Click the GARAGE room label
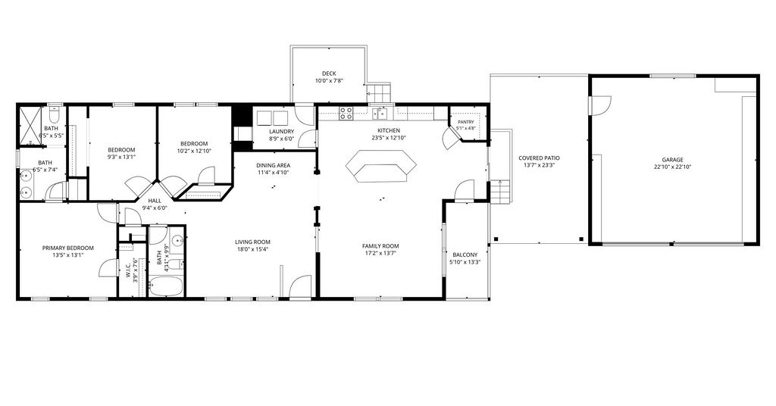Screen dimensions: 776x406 [x=673, y=160]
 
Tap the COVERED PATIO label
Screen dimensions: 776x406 [x=539, y=158]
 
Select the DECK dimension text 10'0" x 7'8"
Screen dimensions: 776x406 [x=329, y=80]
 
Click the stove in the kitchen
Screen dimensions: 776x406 [x=346, y=114]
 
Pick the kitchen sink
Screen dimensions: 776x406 [x=380, y=114]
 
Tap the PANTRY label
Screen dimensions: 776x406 [x=466, y=122]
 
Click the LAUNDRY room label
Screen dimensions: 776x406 [x=282, y=132]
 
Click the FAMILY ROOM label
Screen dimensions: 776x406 [x=380, y=246]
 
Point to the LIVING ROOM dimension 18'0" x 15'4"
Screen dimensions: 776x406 [x=252, y=249]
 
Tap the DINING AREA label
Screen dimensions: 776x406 [x=273, y=166]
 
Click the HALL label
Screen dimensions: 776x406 [x=155, y=201]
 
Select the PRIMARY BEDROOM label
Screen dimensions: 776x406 [x=67, y=248]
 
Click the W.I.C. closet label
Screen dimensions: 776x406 [x=127, y=270]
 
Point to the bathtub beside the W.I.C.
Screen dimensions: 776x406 [x=166, y=286]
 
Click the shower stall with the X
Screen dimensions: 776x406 [x=30, y=126]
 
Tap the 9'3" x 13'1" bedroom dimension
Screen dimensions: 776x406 [x=122, y=158]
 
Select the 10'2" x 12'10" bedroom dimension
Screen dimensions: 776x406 [x=195, y=151]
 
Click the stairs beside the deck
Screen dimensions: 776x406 [x=379, y=92]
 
